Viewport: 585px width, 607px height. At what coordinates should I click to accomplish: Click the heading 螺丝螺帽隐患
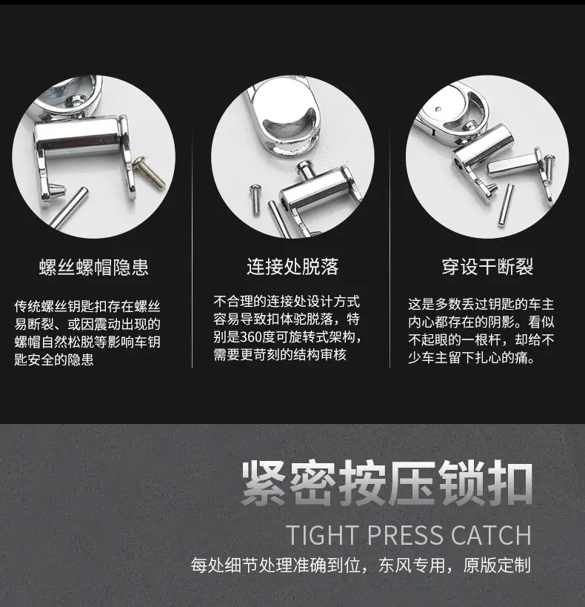[x=93, y=267]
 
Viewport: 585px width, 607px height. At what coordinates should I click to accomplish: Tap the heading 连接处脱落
[x=292, y=266]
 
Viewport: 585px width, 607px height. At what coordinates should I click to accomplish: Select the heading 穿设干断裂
[x=487, y=266]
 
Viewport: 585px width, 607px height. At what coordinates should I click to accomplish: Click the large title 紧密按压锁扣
[x=387, y=483]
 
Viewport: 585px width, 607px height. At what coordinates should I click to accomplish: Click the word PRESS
[x=405, y=535]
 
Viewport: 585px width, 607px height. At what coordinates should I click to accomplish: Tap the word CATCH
[x=491, y=535]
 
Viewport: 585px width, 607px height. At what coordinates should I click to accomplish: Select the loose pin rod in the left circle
[x=68, y=208]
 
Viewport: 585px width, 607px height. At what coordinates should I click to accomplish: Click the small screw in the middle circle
[x=255, y=199]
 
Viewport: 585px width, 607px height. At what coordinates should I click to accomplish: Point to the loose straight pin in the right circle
[x=505, y=205]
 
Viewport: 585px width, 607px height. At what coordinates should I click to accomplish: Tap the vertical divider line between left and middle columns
[x=193, y=248]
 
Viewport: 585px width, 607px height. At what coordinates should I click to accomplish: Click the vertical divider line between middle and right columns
[x=390, y=248]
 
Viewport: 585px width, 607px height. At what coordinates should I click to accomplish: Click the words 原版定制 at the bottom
[x=497, y=565]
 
